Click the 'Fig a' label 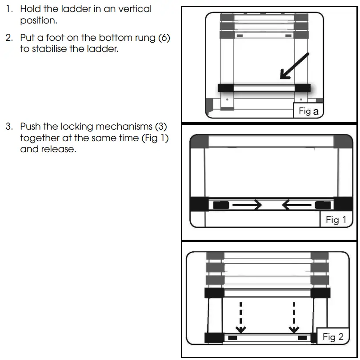click(x=309, y=111)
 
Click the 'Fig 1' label click(x=336, y=220)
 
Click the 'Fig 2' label click(x=333, y=337)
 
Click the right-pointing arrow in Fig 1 click(x=247, y=205)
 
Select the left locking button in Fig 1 click(x=221, y=205)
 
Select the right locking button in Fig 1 click(x=323, y=205)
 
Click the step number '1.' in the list click(x=9, y=9)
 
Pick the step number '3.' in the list click(x=9, y=127)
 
